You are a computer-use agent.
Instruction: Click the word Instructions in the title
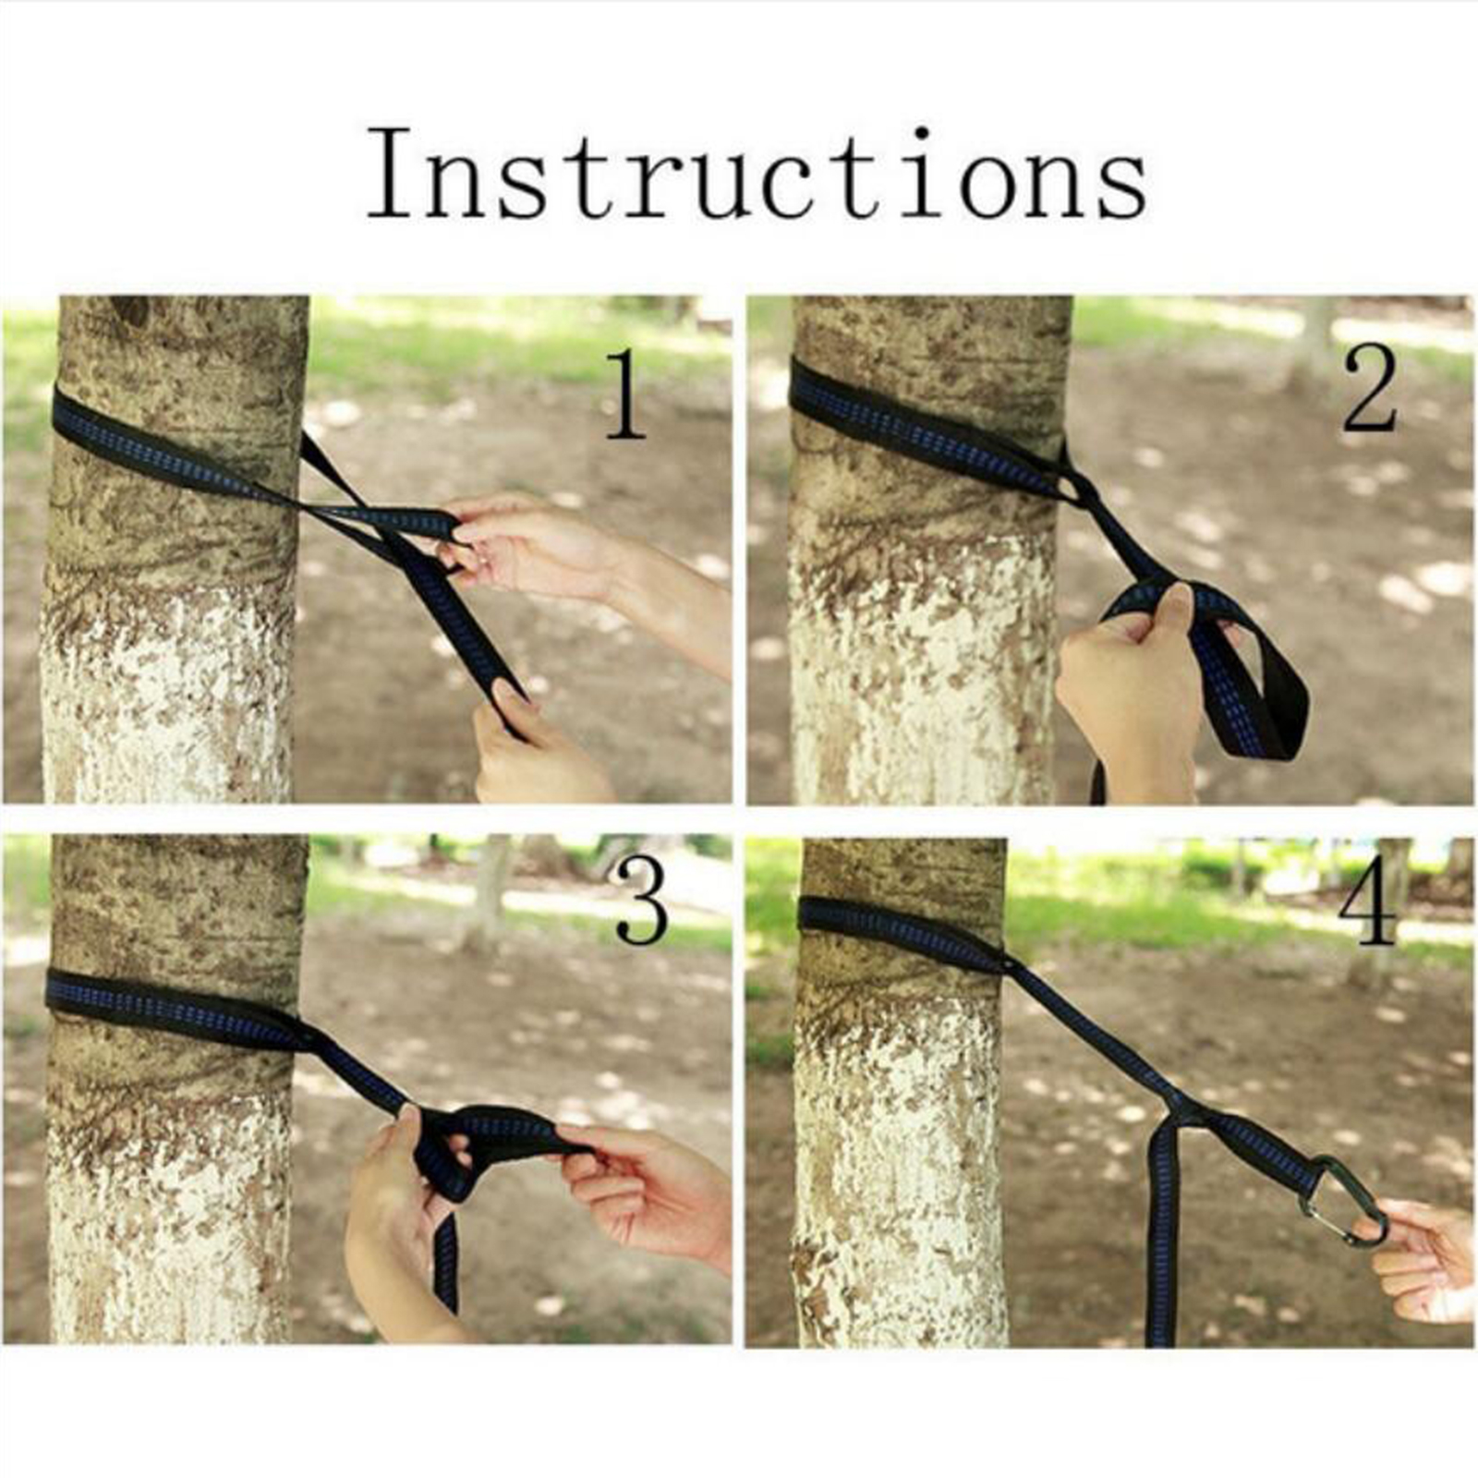click(757, 173)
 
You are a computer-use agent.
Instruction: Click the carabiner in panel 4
click(1342, 1201)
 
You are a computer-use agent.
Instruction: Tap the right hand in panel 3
click(647, 1192)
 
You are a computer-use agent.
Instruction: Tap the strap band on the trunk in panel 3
click(176, 1012)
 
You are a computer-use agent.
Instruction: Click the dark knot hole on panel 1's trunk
click(130, 309)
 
